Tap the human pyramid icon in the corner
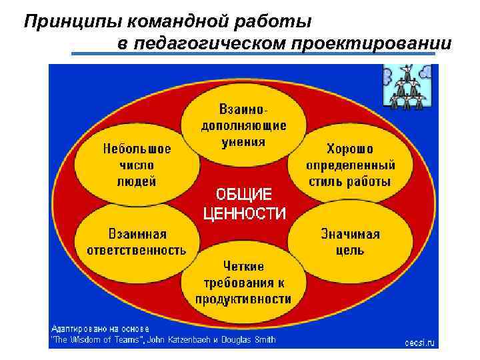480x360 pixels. click(407, 85)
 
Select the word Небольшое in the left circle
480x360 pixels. click(137, 149)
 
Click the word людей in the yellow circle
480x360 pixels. click(137, 181)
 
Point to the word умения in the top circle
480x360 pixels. click(243, 141)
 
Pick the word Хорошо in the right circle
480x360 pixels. click(349, 149)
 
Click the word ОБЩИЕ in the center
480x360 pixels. click(243, 195)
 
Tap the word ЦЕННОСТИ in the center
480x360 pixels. click(244, 213)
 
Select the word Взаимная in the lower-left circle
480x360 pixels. click(137, 234)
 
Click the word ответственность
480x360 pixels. click(137, 250)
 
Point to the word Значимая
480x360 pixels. click(350, 234)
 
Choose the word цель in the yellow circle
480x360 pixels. click(350, 250)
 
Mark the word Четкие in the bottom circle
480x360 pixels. click(243, 267)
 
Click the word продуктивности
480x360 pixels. click(243, 299)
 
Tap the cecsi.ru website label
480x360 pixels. click(419, 342)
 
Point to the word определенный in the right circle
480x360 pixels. click(350, 165)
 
